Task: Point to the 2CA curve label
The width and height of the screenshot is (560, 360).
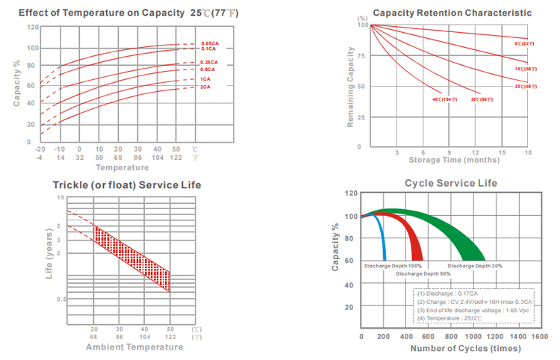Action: (204, 87)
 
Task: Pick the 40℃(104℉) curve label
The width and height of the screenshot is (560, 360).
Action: (444, 99)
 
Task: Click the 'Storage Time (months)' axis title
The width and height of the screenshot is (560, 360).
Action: (450, 160)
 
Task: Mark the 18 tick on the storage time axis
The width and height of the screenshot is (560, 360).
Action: (529, 152)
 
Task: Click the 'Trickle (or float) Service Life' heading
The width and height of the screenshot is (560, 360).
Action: (126, 184)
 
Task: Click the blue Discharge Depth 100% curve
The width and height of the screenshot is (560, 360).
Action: (382, 239)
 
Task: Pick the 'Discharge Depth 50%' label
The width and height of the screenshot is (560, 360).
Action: (423, 274)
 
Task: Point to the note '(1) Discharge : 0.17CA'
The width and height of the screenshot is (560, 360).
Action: (449, 294)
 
